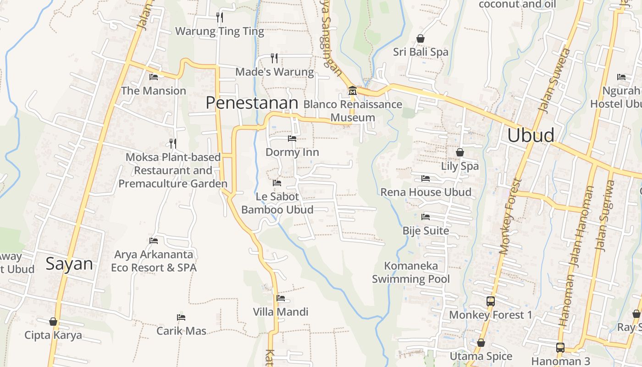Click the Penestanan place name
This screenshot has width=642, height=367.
[x=252, y=103]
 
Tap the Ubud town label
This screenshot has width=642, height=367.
[x=531, y=135]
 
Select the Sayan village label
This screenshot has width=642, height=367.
[x=69, y=264]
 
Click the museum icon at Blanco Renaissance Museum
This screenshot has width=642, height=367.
[x=352, y=90]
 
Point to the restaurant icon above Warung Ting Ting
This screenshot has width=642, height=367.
[x=220, y=17]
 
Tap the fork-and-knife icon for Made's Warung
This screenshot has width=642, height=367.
[x=274, y=58]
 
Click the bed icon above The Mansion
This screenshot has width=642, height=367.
[x=154, y=77]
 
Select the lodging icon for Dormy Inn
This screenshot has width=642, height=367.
[x=292, y=138]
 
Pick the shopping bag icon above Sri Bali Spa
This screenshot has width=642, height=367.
[x=421, y=39]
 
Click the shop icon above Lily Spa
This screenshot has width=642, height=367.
[x=459, y=152]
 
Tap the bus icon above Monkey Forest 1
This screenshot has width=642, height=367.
[x=491, y=301]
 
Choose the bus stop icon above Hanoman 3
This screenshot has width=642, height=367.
[x=560, y=347]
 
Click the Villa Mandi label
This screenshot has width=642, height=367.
[x=281, y=312]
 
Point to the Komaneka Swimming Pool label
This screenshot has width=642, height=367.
[x=411, y=272]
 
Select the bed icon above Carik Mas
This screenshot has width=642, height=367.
[x=181, y=317]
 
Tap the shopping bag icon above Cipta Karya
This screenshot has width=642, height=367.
[x=53, y=322]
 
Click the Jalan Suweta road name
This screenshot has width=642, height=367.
[x=553, y=80]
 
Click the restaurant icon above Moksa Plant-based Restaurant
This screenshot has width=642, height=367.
[x=172, y=143]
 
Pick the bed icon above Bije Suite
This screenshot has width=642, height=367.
[x=426, y=217]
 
